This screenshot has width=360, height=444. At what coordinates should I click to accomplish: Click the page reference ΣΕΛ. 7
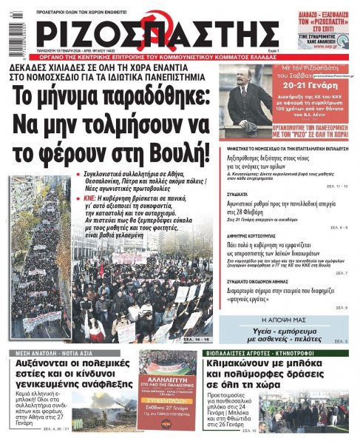(340, 274)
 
